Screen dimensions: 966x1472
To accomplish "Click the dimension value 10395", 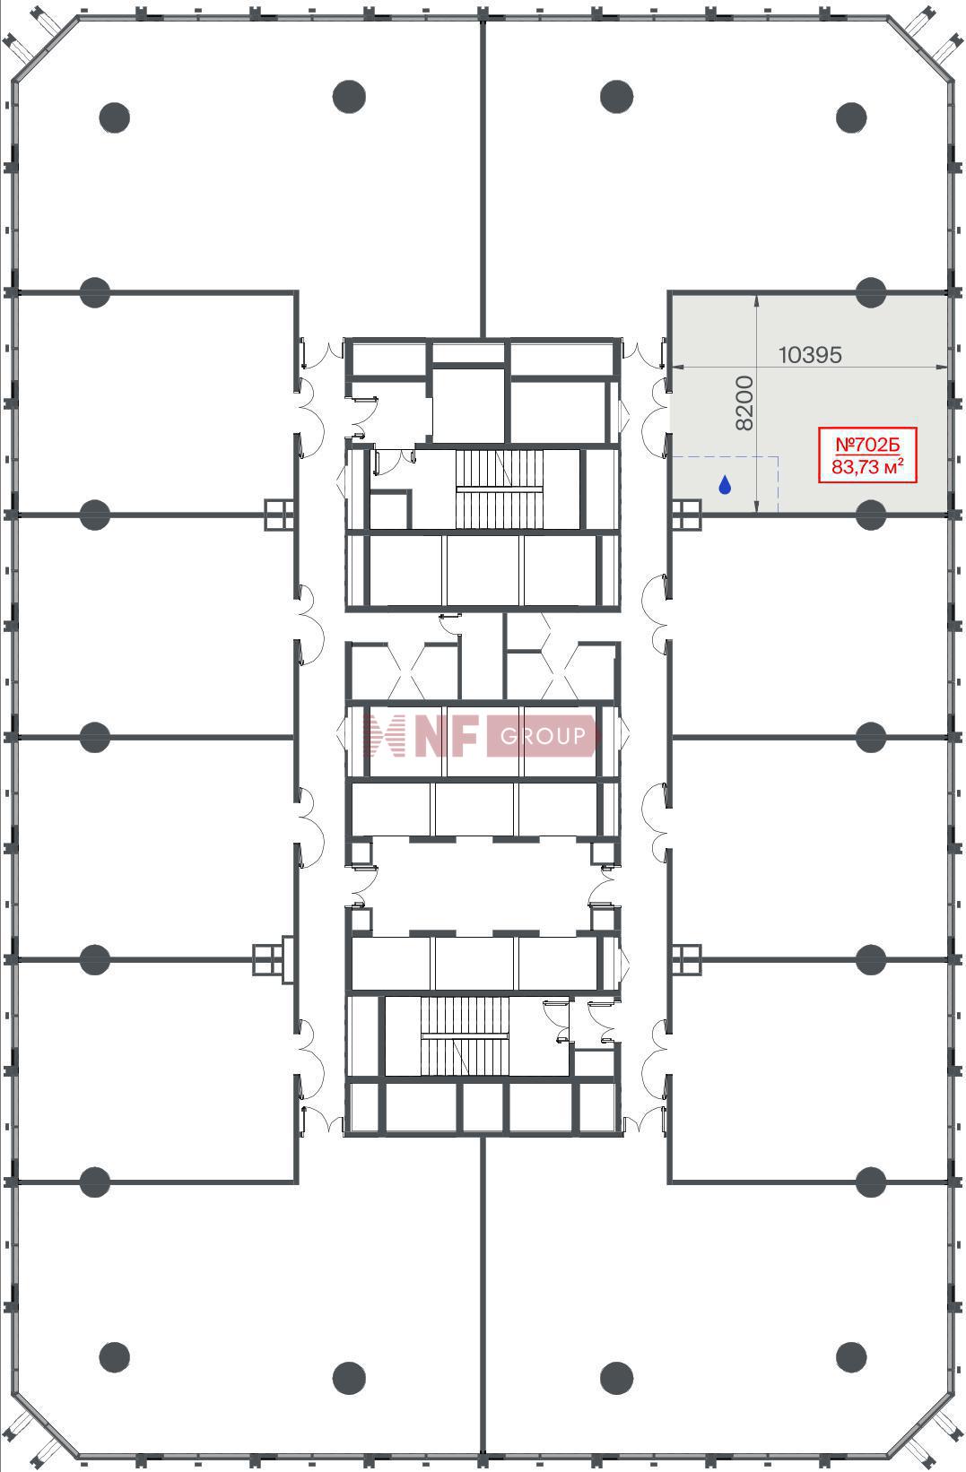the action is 810,356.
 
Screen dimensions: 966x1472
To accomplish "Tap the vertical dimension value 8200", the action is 744,403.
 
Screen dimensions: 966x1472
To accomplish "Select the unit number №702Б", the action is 867,445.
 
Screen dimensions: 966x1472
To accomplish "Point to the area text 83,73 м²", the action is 867,466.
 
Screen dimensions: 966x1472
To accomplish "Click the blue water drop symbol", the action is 725,485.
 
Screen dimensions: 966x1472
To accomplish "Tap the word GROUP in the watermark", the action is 543,736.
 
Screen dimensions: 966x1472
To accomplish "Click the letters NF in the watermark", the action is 447,736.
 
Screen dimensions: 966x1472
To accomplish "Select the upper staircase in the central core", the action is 500,489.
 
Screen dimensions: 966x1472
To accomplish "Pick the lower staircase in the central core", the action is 465,1036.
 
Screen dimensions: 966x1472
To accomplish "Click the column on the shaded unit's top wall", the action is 871,291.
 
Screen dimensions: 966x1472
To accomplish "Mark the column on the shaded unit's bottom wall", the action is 871,515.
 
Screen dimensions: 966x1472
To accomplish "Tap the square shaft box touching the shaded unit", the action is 687,515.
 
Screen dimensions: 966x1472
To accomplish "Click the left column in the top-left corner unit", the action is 115,117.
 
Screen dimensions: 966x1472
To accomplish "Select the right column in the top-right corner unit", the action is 851,117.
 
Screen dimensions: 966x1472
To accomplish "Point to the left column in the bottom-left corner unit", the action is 115,1357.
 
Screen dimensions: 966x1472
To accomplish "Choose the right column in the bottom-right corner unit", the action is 851,1357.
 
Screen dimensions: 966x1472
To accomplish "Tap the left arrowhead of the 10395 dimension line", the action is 674,367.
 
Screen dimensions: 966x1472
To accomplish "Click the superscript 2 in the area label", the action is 901,462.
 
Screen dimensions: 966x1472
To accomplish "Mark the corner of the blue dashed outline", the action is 778,456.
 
